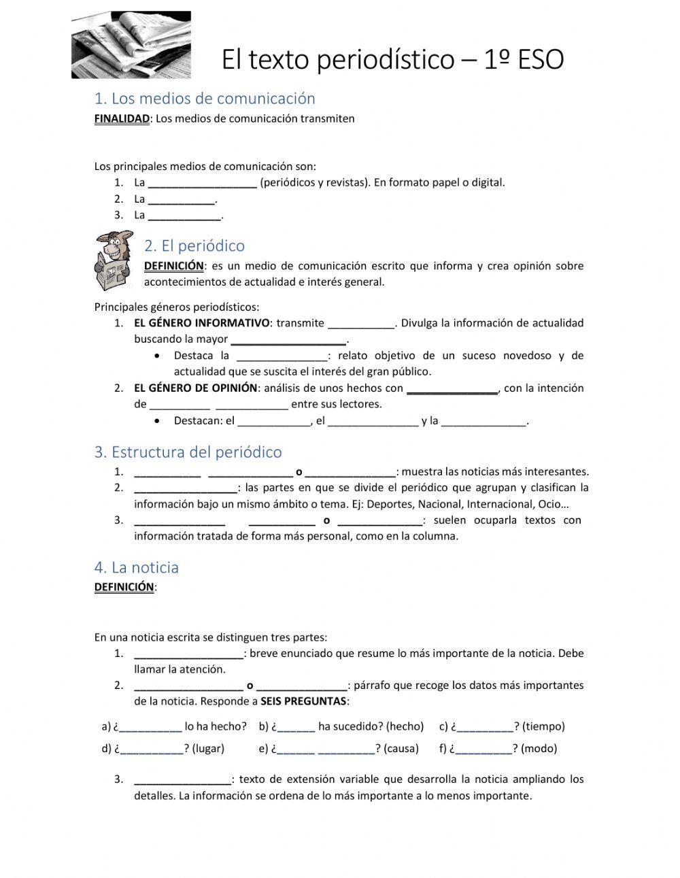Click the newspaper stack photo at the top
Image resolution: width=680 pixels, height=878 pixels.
click(131, 45)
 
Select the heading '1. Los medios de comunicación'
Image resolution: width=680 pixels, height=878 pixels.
click(205, 99)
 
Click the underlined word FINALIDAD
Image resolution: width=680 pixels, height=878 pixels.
click(121, 119)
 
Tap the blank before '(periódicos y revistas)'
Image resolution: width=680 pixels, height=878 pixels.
click(202, 183)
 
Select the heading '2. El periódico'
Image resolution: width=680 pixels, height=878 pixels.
click(194, 246)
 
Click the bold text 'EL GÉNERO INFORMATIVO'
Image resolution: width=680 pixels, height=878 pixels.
click(202, 323)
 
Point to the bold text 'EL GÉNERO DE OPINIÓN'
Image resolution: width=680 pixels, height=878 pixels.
click(196, 388)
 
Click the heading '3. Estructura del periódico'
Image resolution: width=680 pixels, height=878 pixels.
click(188, 452)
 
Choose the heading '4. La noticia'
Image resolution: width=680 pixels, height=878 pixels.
click(136, 568)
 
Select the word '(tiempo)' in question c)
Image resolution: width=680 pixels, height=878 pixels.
click(543, 726)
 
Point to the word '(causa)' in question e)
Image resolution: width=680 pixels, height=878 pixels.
click(401, 749)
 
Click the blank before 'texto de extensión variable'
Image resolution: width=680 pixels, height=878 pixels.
click(182, 780)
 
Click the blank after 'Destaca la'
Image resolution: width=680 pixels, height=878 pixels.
click(282, 356)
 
